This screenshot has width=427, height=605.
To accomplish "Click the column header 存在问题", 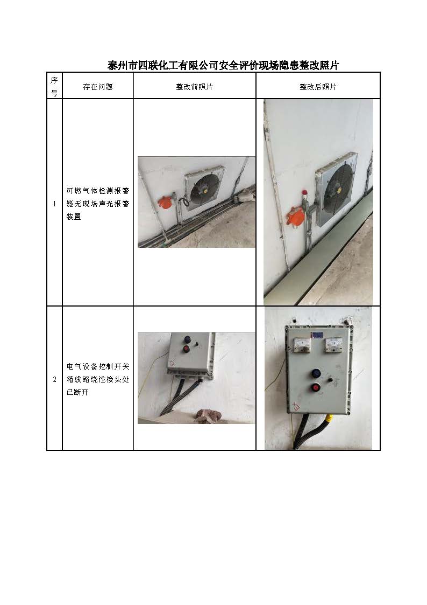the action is point(98,87).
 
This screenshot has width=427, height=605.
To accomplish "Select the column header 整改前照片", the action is point(195,87).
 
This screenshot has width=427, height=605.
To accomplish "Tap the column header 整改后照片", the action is point(318,87).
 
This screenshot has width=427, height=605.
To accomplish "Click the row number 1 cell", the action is point(54,203).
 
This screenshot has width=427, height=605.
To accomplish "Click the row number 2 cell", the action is point(54,379).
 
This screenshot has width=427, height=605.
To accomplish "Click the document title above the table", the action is point(223,65).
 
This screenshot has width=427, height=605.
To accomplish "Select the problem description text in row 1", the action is point(98,204).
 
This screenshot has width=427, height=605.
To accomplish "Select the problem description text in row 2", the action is point(98,379).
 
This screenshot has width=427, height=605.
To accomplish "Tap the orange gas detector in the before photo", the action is point(165,203).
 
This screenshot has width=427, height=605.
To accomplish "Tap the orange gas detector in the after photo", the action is point(296,217).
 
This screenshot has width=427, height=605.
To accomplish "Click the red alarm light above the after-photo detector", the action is point(304,192).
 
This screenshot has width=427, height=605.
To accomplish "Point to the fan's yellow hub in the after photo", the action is point(339,190).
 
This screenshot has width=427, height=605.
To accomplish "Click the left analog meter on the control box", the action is point(302,345).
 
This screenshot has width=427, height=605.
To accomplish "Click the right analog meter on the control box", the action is point(333,345).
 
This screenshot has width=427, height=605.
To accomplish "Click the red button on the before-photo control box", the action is point(187,349).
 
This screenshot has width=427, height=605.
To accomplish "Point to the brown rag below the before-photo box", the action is point(208,416).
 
